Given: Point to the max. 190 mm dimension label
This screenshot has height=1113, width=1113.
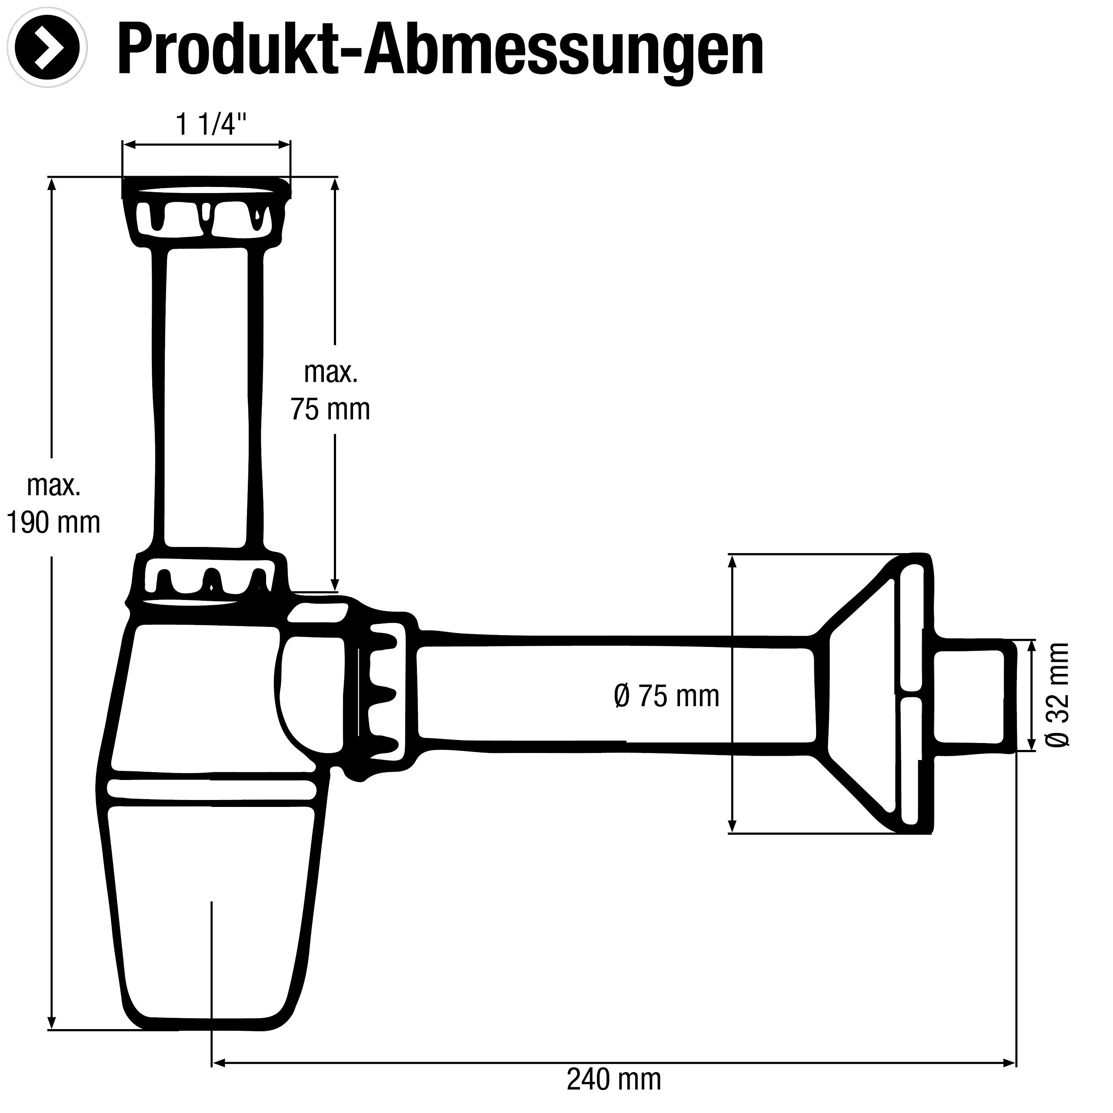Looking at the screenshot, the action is pos(53,504).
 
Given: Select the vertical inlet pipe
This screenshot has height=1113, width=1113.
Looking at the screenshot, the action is pos(209,397).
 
